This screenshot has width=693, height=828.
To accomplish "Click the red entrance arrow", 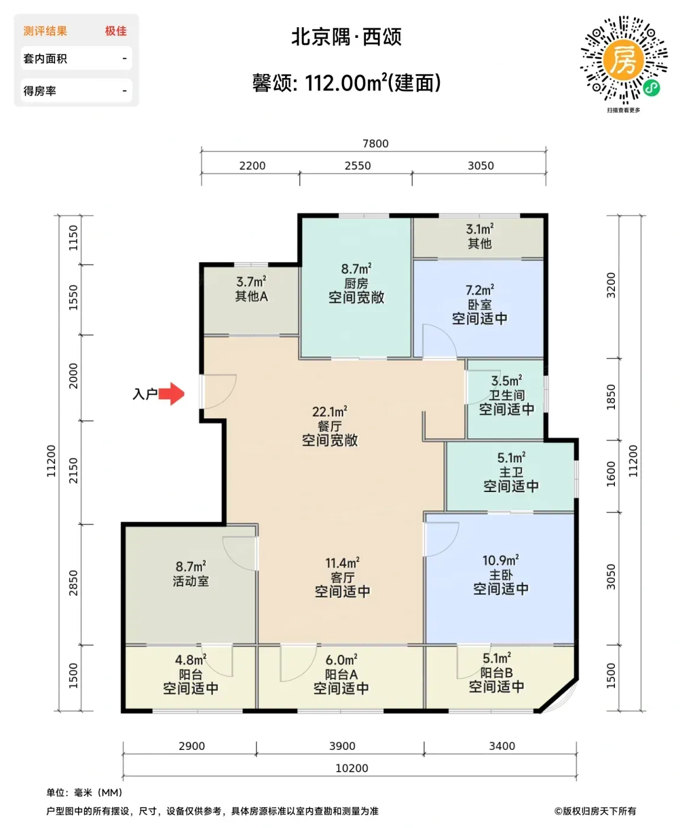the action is click(171, 394).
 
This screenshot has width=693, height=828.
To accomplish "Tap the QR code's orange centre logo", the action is click(623, 60).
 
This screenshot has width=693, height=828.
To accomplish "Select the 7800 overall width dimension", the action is click(375, 144).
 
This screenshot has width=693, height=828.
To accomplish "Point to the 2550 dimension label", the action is click(358, 166).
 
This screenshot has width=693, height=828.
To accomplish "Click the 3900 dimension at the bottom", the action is click(342, 746).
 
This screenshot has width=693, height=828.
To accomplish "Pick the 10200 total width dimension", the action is click(352, 768).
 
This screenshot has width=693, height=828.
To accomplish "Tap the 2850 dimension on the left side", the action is click(74, 583).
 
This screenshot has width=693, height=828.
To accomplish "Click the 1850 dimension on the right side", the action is click(611, 397).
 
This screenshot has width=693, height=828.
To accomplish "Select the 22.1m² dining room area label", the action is click(329, 412).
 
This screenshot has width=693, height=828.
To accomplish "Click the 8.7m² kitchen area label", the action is click(356, 269).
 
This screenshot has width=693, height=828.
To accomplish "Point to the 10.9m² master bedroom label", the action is click(500, 560).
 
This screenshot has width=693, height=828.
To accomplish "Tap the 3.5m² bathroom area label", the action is click(506, 381).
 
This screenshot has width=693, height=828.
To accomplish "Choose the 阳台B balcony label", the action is click(496, 672).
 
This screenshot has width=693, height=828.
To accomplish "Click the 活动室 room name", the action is click(190, 581).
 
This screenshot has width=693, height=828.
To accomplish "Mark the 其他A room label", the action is click(251, 296).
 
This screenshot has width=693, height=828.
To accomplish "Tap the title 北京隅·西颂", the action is click(346, 37).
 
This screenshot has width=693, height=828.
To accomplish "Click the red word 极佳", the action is click(116, 31).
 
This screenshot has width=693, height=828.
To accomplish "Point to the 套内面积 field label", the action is click(45, 59).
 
